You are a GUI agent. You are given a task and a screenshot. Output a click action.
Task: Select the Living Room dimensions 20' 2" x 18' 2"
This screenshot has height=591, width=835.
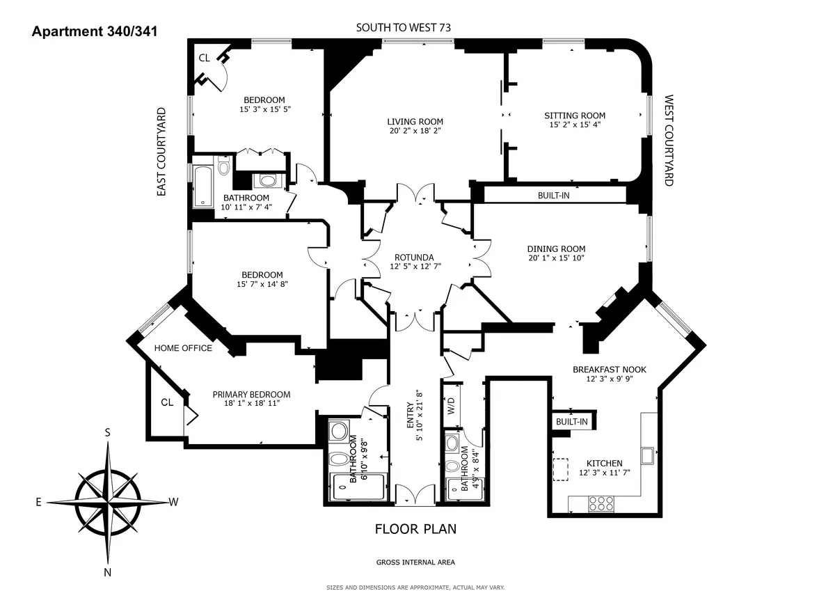pos(415,130)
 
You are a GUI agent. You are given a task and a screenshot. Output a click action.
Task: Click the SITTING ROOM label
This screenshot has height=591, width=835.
pos(575,116)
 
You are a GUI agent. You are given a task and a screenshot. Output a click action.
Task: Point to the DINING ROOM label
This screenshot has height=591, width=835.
pos(556,249)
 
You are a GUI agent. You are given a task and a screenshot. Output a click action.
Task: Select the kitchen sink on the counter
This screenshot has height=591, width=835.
pos(647,455)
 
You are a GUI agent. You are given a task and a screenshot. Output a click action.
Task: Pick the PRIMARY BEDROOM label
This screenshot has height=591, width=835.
pos(251,394)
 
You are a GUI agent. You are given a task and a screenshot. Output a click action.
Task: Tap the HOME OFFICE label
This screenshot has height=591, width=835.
pos(183,348)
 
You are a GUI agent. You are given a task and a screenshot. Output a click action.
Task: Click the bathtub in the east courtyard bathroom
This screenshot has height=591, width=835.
pos(202,187)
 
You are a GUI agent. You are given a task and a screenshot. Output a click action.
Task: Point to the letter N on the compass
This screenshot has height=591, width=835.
pos(108,572)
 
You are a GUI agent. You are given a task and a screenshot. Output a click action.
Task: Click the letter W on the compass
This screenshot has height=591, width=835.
pos(174,501)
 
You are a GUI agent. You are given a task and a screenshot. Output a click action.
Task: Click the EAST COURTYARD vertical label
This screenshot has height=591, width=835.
pos(161,151)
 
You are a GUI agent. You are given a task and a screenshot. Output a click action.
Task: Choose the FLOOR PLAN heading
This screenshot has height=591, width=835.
pos(415,528)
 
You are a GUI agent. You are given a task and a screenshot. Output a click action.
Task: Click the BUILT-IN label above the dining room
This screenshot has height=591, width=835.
pos(553,196)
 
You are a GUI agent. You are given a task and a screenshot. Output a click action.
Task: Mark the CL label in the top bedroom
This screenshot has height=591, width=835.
pos(204,58)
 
